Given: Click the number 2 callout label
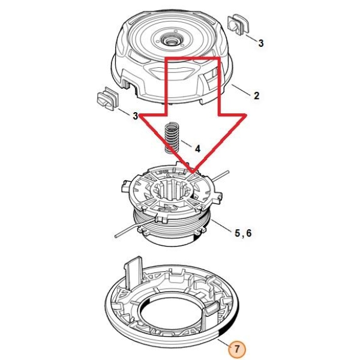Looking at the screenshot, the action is tap(256, 95).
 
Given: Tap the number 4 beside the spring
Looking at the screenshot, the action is tap(197, 149).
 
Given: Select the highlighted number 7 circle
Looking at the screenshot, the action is tap(237, 349).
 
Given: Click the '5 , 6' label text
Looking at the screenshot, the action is tap(243, 233).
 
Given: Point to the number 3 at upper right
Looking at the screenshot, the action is tap(261, 43).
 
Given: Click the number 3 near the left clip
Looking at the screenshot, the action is tap(136, 116).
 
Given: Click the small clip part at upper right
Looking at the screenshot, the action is tap(238, 25).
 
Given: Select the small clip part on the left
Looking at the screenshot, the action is tap(107, 99).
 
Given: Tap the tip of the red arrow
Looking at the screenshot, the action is tap(193, 172).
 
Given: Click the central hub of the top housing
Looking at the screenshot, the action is tap(170, 41).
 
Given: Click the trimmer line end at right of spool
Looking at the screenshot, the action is tap(227, 171).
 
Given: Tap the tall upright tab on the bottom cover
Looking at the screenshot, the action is tap(133, 272).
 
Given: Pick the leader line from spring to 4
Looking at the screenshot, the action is tap(186, 144).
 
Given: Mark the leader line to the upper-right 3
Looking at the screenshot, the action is tap(251, 38).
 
